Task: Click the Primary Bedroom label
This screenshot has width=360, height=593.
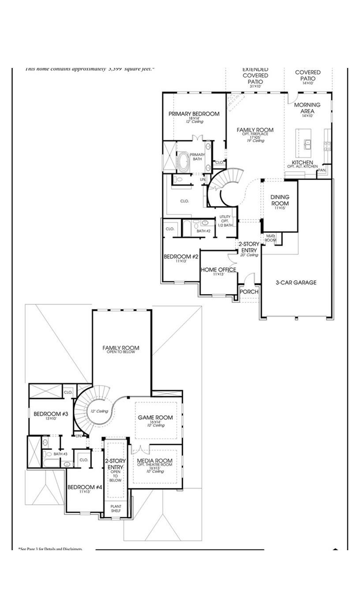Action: pyautogui.click(x=194, y=114)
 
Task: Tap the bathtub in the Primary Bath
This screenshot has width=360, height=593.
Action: pyautogui.click(x=183, y=162)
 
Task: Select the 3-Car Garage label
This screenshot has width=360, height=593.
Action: pyautogui.click(x=296, y=282)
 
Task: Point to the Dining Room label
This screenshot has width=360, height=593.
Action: pyautogui.click(x=280, y=200)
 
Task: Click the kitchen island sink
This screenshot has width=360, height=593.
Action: pyautogui.click(x=307, y=143)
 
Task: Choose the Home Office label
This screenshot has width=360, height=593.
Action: pyautogui.click(x=218, y=270)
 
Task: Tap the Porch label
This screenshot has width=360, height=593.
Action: pyautogui.click(x=249, y=292)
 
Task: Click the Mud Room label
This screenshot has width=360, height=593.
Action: pyautogui.click(x=270, y=238)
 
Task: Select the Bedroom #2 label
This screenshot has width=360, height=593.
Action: pyautogui.click(x=181, y=256)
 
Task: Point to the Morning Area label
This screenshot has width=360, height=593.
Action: pyautogui.click(x=307, y=108)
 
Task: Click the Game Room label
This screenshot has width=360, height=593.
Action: pyautogui.click(x=155, y=417)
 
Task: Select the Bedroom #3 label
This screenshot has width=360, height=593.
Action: pyautogui.click(x=51, y=414)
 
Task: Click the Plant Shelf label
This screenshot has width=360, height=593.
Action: pyautogui.click(x=116, y=508)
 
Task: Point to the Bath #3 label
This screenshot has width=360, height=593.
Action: pyautogui.click(x=60, y=454)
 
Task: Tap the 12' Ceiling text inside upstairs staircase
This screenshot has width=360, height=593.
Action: pyautogui.click(x=99, y=411)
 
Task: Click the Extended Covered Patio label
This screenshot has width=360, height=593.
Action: pyautogui.click(x=255, y=75)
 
